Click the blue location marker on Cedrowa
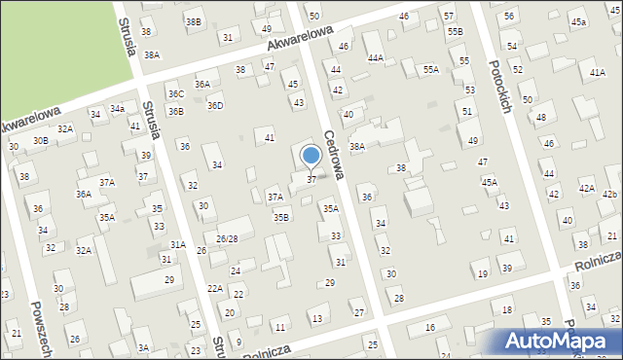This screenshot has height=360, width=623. (x=311, y=155)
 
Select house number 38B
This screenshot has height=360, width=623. (x=194, y=21)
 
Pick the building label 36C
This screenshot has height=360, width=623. (x=175, y=93)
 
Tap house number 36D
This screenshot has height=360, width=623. (x=215, y=106)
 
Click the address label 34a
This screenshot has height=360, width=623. (x=117, y=108)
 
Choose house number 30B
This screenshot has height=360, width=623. (x=40, y=140)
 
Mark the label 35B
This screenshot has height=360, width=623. (x=280, y=217)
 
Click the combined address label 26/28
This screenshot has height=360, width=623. (x=227, y=238)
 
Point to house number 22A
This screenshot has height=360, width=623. (x=215, y=289)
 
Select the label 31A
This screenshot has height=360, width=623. (x=177, y=244)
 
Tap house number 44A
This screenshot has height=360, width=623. (x=375, y=58)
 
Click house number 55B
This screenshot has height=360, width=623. (x=455, y=32)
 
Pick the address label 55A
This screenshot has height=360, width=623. (x=430, y=70)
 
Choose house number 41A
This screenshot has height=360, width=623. (x=597, y=73)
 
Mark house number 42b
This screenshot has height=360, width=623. (x=609, y=195)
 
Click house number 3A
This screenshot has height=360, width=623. (x=143, y=347)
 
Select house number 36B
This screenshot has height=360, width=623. (x=175, y=111)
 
